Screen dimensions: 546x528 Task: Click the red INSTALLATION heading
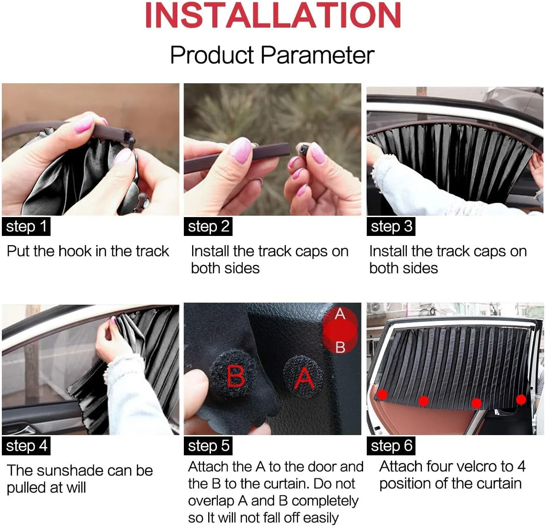pyautogui.click(x=273, y=15)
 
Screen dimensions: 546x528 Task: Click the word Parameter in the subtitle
pyautogui.click(x=317, y=55)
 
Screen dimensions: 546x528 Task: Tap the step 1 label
pyautogui.click(x=26, y=227)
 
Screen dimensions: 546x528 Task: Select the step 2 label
pyautogui.click(x=208, y=227)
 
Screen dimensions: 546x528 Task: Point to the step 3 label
pyautogui.click(x=391, y=227)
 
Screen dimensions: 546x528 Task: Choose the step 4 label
pyautogui.click(x=26, y=446)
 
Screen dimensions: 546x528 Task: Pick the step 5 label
pyautogui.click(x=208, y=446)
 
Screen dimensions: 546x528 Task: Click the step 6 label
pyautogui.click(x=391, y=446)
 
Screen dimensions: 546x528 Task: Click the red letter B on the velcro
pyautogui.click(x=236, y=376)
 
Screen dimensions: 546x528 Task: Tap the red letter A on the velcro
pyautogui.click(x=304, y=378)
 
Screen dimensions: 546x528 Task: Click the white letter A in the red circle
pyautogui.click(x=340, y=314)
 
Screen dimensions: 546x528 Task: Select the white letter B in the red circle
pyautogui.click(x=340, y=347)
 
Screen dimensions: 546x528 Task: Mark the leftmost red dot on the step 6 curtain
pyautogui.click(x=382, y=395)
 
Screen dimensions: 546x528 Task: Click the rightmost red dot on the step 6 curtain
pyautogui.click(x=521, y=399)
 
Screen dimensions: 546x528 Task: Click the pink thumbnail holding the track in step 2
pyautogui.click(x=241, y=149)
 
